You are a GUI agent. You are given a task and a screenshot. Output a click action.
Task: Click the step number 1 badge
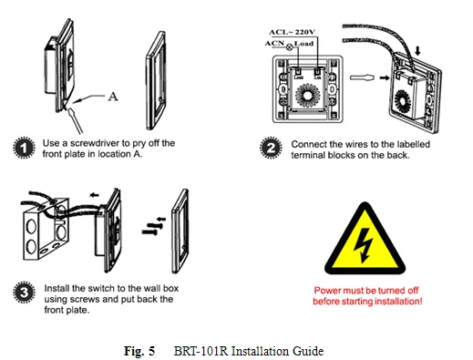[x=24, y=148]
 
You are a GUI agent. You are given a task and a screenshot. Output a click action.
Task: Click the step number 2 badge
[x=271, y=148]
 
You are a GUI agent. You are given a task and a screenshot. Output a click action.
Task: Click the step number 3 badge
[x=24, y=293]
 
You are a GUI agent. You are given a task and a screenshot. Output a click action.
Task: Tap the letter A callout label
[x=113, y=97]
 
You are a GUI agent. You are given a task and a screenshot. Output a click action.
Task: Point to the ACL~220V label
[x=292, y=32]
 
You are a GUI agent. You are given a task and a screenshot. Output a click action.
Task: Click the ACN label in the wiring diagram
[x=274, y=44]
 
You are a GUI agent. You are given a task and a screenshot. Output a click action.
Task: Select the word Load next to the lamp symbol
[x=303, y=44]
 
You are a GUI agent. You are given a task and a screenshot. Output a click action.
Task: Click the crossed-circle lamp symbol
[x=289, y=46]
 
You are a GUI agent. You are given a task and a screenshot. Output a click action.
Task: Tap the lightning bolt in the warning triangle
[x=364, y=245]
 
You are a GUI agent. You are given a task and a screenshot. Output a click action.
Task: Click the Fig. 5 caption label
[x=139, y=351]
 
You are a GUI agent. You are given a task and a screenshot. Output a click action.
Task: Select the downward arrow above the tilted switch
[x=417, y=51]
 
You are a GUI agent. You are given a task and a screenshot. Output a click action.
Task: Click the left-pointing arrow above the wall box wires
[x=95, y=195]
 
